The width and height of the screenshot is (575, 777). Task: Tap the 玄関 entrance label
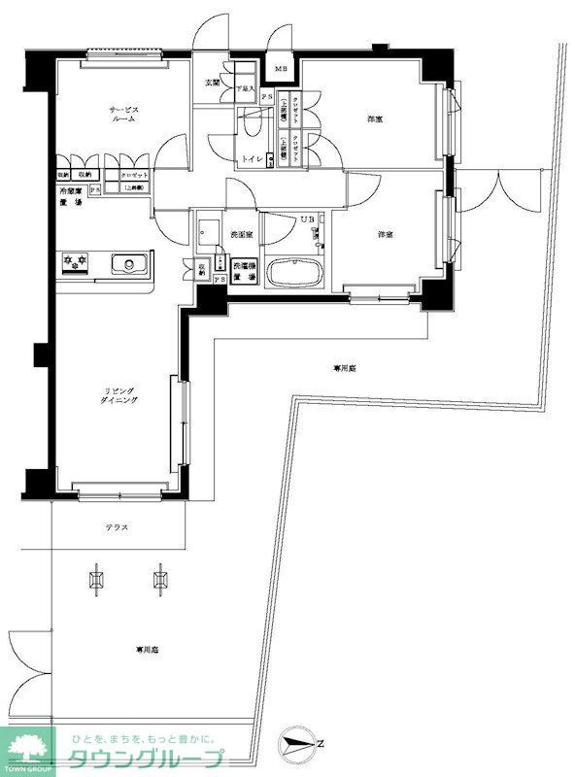tap(211, 84)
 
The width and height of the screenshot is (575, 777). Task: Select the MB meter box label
tap(281, 69)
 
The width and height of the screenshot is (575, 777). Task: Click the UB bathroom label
tap(306, 220)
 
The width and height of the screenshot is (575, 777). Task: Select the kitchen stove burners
tap(75, 261)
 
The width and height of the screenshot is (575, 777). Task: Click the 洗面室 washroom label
tap(242, 235)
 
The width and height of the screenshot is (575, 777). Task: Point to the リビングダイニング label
tap(121, 396)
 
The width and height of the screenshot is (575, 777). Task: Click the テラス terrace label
tap(118, 527)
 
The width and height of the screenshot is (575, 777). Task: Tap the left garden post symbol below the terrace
tap(96, 580)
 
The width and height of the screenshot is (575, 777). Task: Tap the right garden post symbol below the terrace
tap(160, 580)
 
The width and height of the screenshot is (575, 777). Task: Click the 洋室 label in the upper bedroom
tap(374, 119)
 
